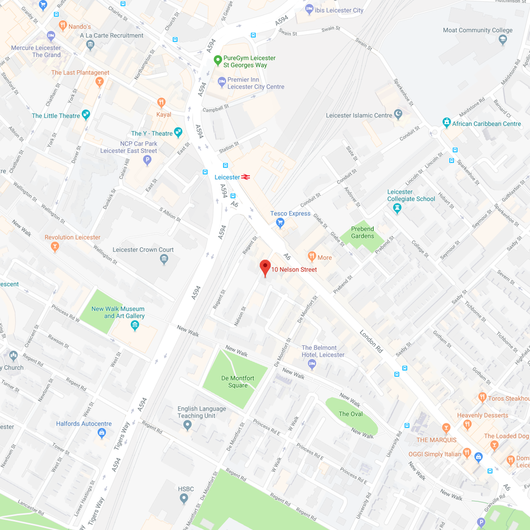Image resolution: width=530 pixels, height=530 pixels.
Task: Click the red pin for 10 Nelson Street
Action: [265, 268]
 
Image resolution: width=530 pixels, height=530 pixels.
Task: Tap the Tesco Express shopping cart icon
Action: [280, 223]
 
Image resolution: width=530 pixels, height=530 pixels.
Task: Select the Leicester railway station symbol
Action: [245, 177]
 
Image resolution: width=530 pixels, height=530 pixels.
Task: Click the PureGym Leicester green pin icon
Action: [218, 61]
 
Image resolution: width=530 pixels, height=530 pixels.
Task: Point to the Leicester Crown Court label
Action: [143, 249]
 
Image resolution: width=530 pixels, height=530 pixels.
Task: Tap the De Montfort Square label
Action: [238, 381]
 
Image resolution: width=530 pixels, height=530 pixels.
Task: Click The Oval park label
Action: [350, 414]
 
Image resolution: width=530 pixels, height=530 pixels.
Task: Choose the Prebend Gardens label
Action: [362, 232]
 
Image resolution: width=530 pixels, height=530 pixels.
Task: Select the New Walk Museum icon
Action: [135, 325]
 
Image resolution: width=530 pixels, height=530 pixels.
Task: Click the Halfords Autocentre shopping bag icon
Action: [102, 433]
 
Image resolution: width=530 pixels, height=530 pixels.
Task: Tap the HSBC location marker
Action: [184, 498]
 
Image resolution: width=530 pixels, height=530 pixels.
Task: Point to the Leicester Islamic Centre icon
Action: [398, 114]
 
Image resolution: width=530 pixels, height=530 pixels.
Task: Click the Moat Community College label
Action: [477, 30]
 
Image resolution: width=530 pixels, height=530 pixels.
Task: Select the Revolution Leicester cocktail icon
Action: [55, 247]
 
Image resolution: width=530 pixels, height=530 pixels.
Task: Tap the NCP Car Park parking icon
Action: [148, 160]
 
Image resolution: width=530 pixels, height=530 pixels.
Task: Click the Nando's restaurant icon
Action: [63, 25]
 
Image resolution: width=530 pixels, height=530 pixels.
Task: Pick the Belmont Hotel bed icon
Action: [312, 364]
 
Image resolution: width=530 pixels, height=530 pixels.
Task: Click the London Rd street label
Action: [371, 342]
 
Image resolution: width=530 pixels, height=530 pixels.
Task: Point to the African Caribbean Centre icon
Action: [447, 123]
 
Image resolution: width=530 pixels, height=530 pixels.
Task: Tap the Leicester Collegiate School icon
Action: [397, 208]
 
